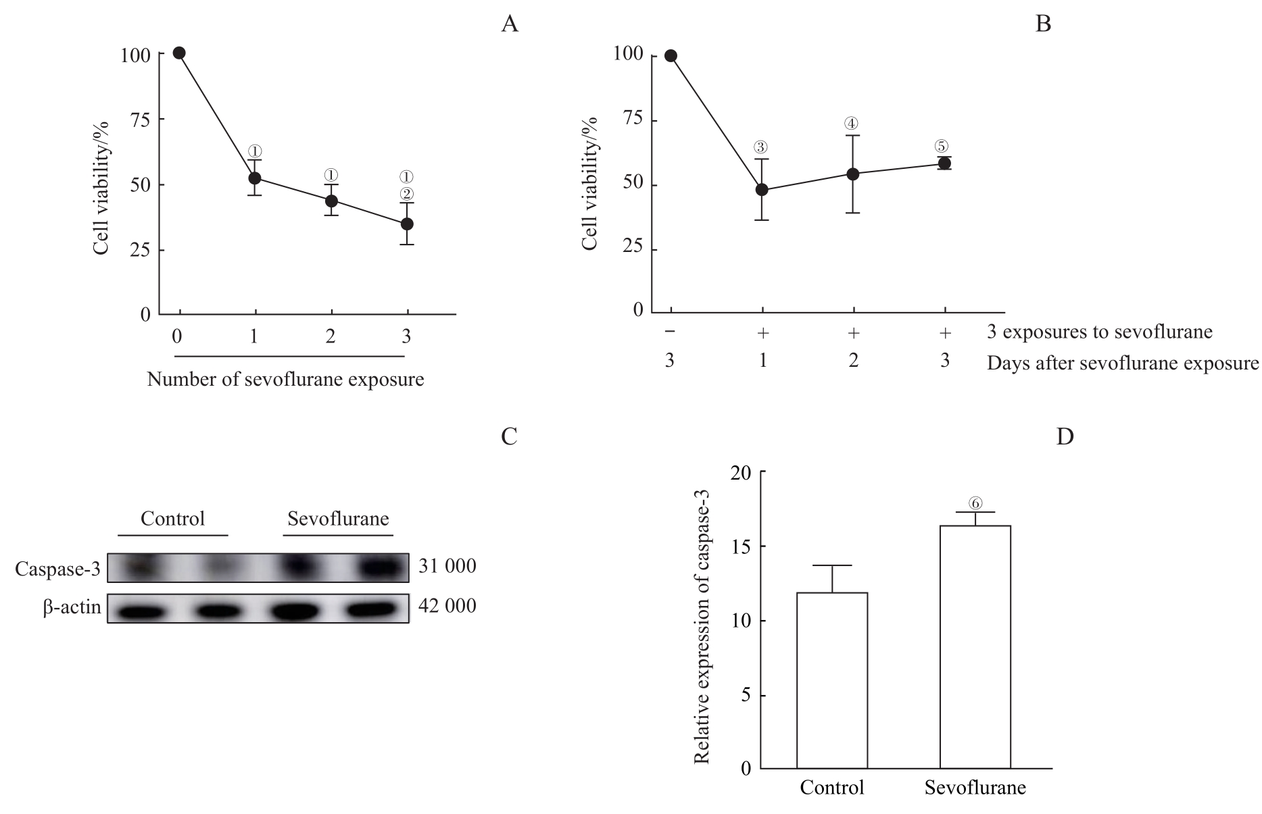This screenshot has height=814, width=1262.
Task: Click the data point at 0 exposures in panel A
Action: (179, 53)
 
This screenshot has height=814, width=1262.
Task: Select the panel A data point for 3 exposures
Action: (407, 224)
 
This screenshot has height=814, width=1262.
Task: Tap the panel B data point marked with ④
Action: (853, 174)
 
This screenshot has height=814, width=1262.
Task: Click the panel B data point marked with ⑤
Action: (944, 163)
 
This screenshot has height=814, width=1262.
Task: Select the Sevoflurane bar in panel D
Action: (975, 646)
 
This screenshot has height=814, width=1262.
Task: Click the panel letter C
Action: (509, 437)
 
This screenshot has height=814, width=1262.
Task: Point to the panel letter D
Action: (1065, 437)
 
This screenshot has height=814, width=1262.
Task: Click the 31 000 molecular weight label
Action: (447, 566)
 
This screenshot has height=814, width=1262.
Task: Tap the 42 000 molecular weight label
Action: (447, 606)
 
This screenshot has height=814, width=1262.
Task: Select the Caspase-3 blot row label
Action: (57, 569)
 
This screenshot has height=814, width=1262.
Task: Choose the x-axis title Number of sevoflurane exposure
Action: (285, 380)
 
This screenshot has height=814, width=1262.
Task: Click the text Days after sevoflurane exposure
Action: (1123, 363)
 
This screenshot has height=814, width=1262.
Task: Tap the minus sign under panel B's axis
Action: (670, 332)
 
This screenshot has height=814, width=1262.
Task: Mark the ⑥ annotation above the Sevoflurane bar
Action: (975, 503)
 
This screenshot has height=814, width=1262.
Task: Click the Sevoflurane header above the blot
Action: (338, 519)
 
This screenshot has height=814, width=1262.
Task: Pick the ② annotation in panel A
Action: (406, 194)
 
